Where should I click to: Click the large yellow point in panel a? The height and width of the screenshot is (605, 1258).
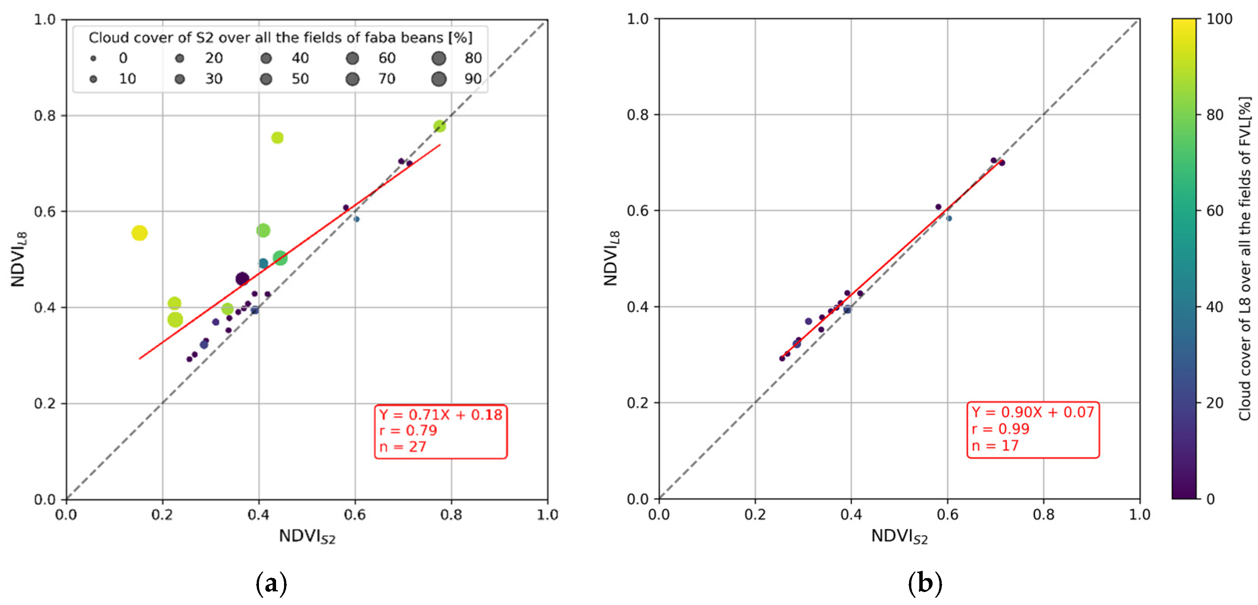(139, 233)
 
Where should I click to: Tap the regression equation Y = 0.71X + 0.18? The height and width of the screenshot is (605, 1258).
(440, 415)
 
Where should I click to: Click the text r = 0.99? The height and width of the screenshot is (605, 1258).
(1000, 429)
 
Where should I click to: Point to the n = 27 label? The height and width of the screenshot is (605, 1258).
(402, 447)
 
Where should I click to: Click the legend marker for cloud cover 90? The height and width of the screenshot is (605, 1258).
(439, 79)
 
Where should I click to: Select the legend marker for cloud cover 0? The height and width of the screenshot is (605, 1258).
(93, 58)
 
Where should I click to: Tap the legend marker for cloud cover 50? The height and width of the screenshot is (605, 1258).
(266, 79)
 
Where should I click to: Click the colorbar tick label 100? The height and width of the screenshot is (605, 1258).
(1219, 19)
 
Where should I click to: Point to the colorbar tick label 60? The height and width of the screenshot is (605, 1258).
(1215, 211)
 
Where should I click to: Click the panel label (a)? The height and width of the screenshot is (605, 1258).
(271, 583)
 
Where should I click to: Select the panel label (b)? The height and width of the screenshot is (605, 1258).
(925, 583)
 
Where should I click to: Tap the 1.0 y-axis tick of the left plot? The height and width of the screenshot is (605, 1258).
(45, 19)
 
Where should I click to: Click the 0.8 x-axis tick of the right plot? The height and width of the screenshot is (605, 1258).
(1043, 515)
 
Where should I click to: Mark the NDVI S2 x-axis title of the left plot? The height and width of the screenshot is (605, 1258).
(307, 537)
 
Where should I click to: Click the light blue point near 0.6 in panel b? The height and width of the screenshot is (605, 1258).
(949, 218)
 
